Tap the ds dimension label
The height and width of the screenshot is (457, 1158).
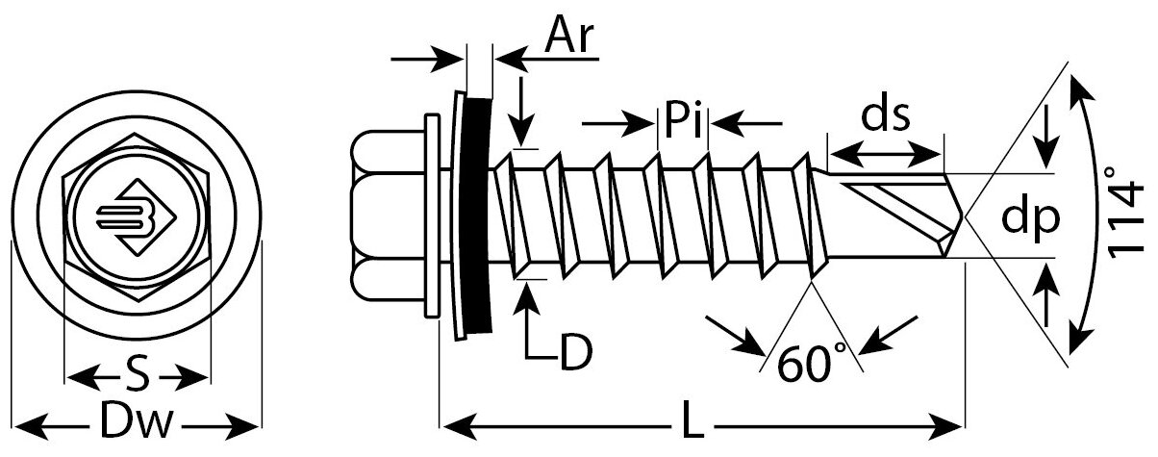[x=884, y=117]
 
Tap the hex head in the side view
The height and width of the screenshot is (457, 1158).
[x=388, y=216]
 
